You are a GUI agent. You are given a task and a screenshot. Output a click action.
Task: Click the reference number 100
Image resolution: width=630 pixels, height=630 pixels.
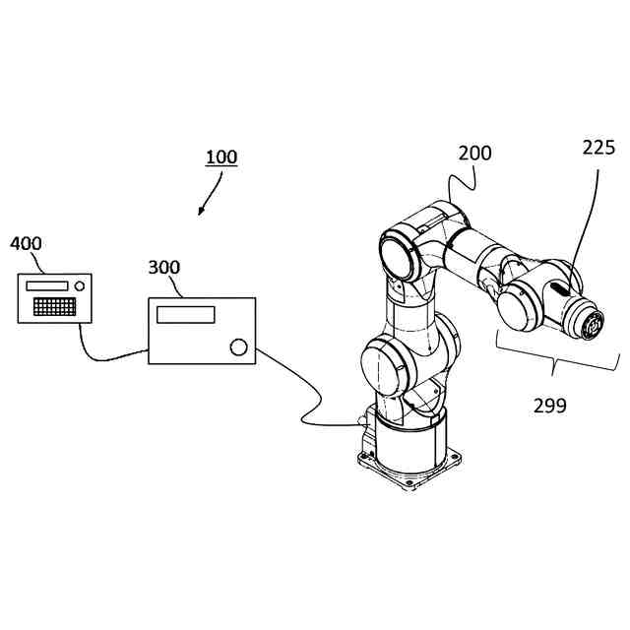tap(221, 157)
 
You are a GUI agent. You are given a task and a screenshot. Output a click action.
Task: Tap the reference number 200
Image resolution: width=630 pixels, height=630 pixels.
tap(475, 154)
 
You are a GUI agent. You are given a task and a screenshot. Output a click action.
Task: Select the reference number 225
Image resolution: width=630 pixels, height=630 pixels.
tap(598, 149)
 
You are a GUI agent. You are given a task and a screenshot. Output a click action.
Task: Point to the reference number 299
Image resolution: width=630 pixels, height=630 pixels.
tap(550, 405)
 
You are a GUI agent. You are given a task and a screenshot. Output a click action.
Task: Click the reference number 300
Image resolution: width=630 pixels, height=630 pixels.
tap(164, 268)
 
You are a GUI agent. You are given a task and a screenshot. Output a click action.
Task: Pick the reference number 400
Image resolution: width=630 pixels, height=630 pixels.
tap(26, 243)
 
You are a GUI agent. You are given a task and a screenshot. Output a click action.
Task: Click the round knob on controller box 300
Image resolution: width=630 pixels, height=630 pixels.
tap(238, 346)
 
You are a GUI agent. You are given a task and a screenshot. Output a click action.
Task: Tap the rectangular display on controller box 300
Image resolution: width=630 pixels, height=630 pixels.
tap(186, 314)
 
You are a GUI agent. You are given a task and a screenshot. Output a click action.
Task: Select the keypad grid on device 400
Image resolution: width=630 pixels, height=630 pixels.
tap(55, 306)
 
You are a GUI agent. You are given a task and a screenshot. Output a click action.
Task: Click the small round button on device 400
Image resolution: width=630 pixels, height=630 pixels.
tap(81, 286)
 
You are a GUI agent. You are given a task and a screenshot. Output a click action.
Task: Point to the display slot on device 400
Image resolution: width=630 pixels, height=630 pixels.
tap(47, 285)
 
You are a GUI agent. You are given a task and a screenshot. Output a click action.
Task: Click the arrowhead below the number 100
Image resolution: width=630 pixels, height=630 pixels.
tap(202, 211)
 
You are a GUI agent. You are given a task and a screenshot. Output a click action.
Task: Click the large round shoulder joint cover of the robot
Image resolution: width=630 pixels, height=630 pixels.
tap(382, 364)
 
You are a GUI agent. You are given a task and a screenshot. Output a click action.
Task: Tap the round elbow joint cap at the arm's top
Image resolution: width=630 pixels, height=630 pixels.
tap(400, 252)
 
